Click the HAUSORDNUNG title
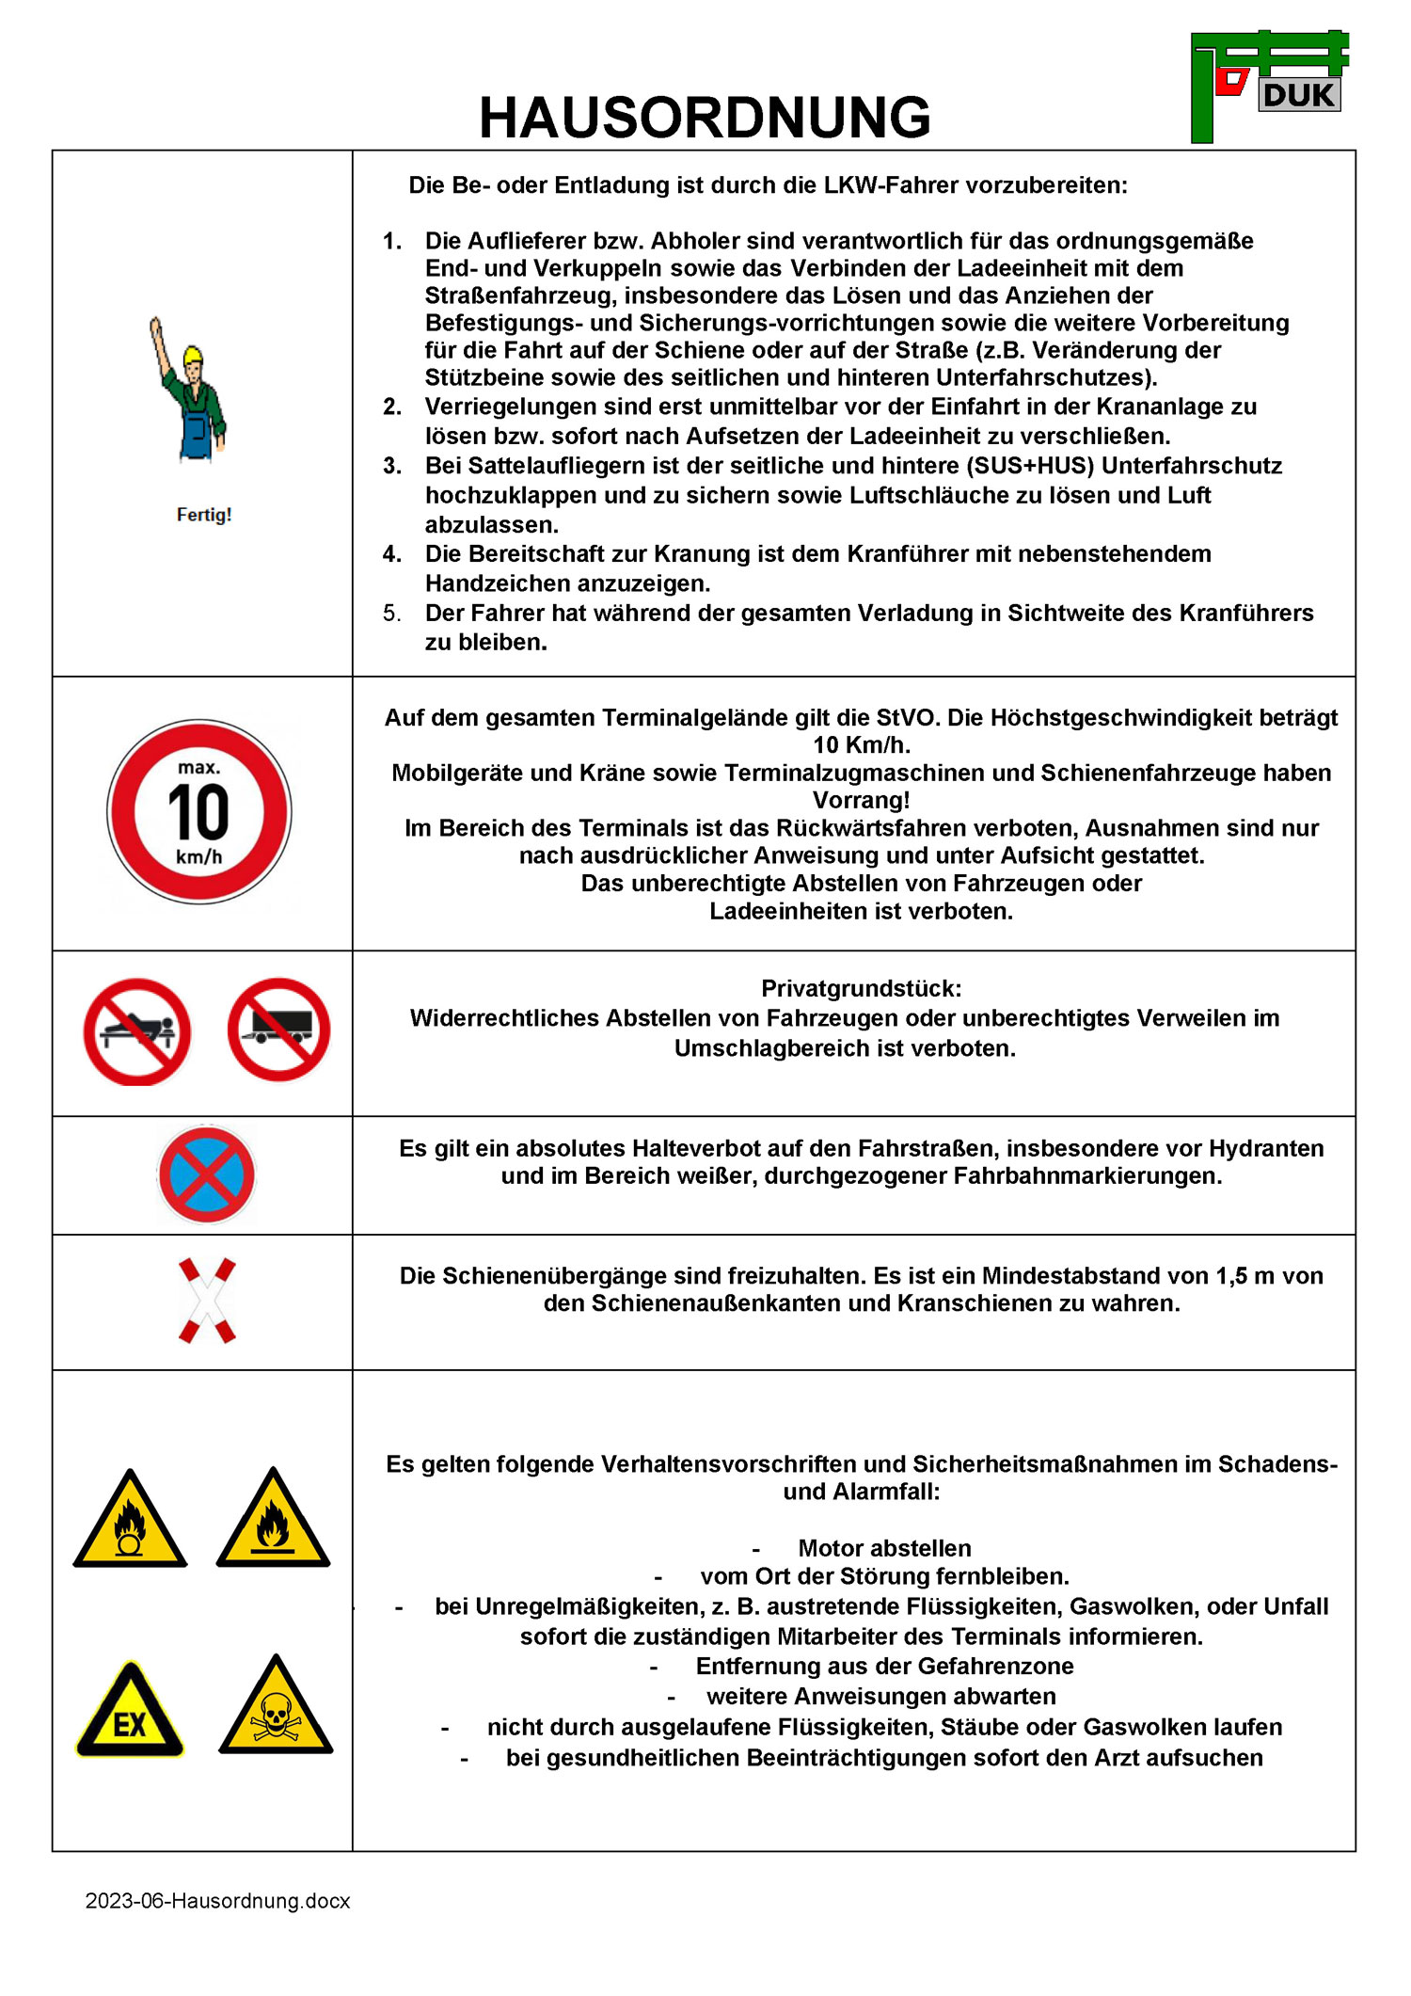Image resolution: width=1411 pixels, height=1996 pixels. click(705, 118)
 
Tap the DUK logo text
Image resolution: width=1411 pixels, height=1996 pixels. click(1299, 95)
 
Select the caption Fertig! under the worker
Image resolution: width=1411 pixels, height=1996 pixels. click(204, 515)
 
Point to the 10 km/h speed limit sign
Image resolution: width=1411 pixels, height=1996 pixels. click(199, 812)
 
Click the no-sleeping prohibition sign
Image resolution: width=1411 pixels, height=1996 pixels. click(137, 1031)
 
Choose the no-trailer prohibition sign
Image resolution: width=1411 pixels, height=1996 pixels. click(278, 1030)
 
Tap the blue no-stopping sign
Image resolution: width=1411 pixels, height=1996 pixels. click(206, 1174)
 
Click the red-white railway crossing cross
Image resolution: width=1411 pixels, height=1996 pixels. click(207, 1301)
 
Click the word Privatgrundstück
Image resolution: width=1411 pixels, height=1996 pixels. click(861, 988)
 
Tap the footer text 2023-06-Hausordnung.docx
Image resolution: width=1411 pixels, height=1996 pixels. click(217, 1901)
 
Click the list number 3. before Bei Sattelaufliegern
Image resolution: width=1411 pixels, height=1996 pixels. click(392, 466)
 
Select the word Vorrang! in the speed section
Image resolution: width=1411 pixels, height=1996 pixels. click(861, 800)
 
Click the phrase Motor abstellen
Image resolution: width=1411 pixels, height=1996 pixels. click(884, 1548)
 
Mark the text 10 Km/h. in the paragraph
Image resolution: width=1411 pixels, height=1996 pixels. click(861, 745)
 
